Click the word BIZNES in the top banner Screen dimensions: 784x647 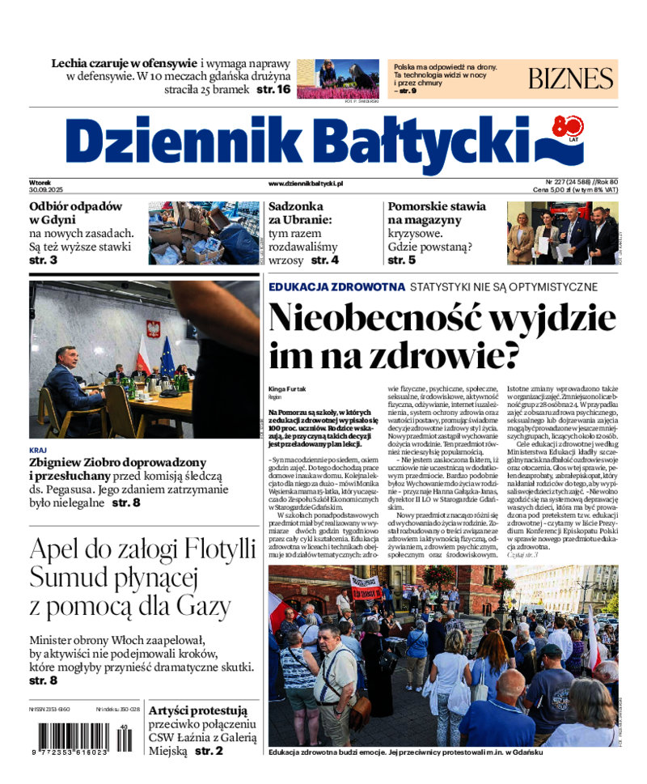pyautogui.click(x=571, y=78)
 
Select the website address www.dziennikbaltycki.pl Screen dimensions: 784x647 pyautogui.click(x=305, y=184)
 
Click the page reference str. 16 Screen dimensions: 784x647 pyautogui.click(x=273, y=90)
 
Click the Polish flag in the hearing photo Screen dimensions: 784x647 pyautogui.click(x=143, y=350)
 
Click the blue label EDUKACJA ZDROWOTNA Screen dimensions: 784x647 pyautogui.click(x=336, y=286)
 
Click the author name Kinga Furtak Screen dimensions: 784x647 pyautogui.click(x=287, y=389)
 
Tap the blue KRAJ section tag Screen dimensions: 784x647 pyautogui.click(x=37, y=449)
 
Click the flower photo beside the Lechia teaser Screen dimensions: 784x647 pyautogui.click(x=338, y=78)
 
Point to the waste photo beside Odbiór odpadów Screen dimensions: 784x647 pyautogui.click(x=204, y=233)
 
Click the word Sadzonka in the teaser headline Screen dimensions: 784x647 pyautogui.click(x=296, y=206)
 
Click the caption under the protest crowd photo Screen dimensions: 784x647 pyautogui.click(x=404, y=752)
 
